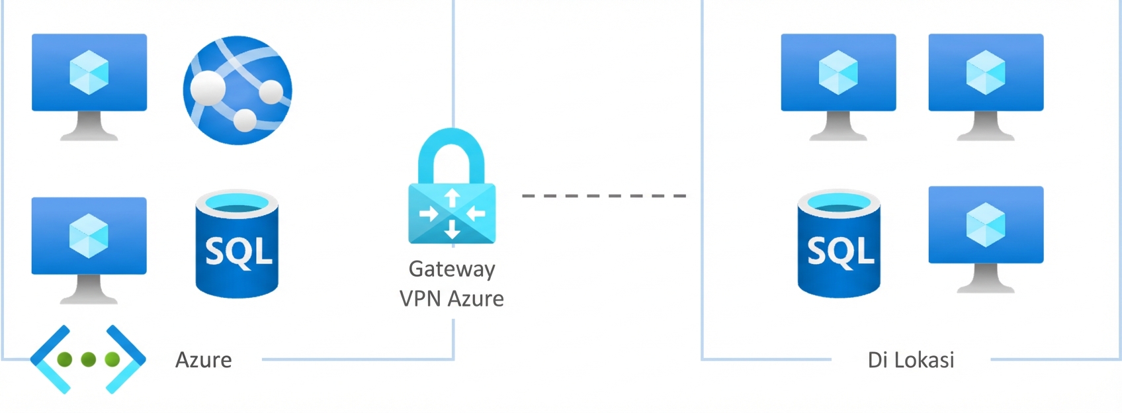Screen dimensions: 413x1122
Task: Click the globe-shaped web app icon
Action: pos(237,90)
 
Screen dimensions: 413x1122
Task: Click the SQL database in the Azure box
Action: pos(237,244)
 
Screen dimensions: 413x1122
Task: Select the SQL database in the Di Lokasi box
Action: pos(839,244)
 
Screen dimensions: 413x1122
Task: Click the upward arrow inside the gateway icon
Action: pos(452,197)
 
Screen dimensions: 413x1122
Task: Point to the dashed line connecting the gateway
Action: pos(603,196)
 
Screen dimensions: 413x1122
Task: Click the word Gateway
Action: pos(452,269)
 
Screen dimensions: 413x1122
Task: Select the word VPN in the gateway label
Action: pos(420,298)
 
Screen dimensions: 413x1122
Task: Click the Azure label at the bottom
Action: pos(204,360)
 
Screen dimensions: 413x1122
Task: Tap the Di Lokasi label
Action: pos(911,360)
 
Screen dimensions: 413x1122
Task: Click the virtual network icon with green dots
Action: pos(88,359)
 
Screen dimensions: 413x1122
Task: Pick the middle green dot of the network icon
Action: pos(88,359)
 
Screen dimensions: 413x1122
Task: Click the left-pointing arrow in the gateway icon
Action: pos(476,213)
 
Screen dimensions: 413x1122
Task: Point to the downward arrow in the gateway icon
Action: pos(452,229)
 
